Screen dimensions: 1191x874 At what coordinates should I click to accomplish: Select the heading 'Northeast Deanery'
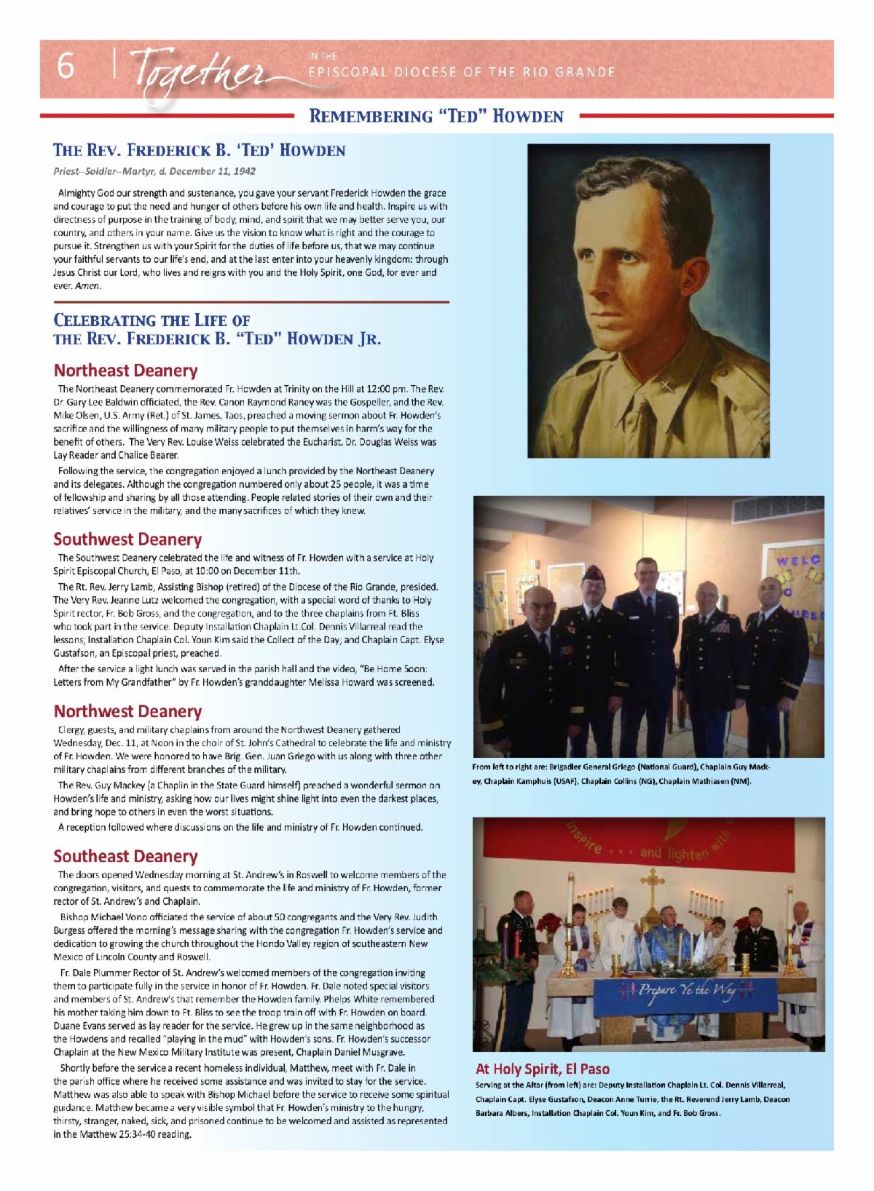pos(125,370)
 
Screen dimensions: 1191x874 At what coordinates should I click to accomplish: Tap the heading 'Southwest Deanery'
pos(127,539)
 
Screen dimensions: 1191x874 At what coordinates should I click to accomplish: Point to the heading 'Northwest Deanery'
pos(127,711)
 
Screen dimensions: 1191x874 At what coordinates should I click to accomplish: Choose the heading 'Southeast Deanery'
pos(125,856)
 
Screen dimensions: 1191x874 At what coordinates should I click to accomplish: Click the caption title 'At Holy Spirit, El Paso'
pos(543,1069)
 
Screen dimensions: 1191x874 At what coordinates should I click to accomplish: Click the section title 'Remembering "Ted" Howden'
pos(436,116)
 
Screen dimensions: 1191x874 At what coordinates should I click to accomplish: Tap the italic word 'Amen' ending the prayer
pos(92,286)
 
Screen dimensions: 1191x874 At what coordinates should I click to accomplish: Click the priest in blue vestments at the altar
pos(668,939)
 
